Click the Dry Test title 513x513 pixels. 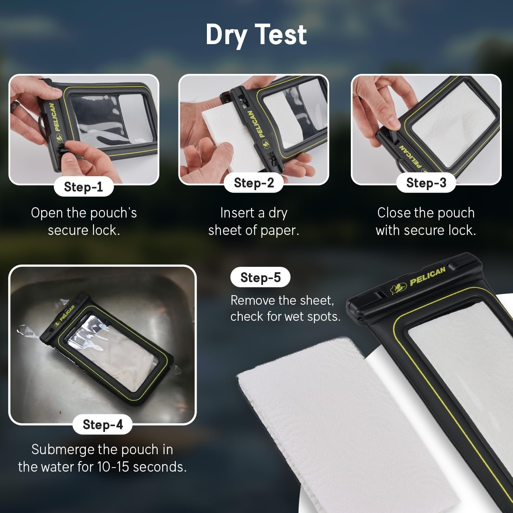click(x=256, y=35)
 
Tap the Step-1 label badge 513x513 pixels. click(x=83, y=187)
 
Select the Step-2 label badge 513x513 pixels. click(x=254, y=183)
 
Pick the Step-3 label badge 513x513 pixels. click(x=426, y=183)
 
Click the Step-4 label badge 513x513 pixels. click(x=103, y=424)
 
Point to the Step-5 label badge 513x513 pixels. click(x=260, y=277)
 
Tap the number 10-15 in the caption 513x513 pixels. click(x=113, y=467)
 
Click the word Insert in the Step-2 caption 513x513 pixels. click(x=237, y=213)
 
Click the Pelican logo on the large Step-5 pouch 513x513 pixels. click(x=428, y=276)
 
